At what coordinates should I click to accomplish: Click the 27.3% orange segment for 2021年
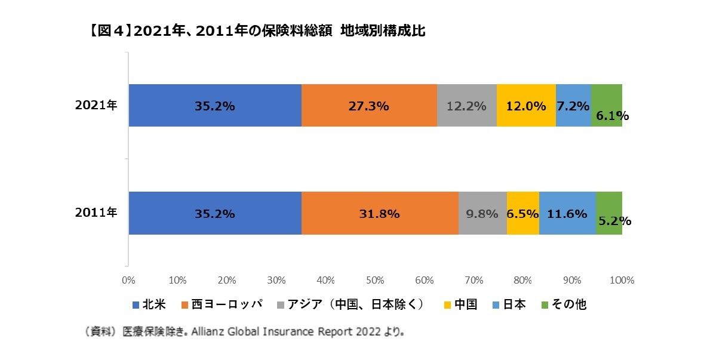coord(369,106)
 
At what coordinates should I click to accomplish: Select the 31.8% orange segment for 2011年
coord(380,213)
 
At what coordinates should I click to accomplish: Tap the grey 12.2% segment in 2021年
coord(466,106)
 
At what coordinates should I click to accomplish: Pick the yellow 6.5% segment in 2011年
coord(522,213)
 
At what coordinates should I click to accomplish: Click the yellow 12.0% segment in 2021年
coord(526,106)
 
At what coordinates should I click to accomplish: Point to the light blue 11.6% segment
coord(567,213)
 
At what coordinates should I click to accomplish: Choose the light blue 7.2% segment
coord(573,106)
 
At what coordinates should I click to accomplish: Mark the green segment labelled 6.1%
coord(607,106)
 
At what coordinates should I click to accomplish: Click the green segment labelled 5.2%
coord(609,213)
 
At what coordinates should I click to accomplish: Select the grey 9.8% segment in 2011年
coord(482,213)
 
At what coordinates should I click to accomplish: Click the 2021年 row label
coord(96,106)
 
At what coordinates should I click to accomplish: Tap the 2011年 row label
coord(96,213)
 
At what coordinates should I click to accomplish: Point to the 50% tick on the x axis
coord(375,279)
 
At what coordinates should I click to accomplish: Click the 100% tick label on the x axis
coord(622,279)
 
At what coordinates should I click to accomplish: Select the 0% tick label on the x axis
coord(128,279)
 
